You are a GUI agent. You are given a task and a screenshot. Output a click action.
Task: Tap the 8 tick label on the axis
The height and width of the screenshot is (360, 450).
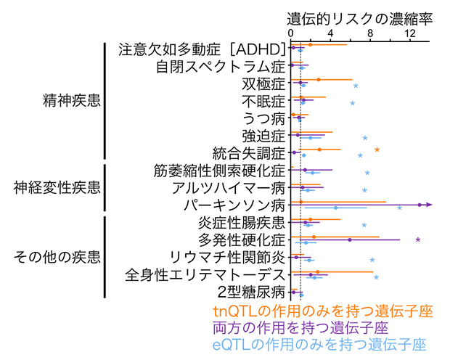pos(370,33)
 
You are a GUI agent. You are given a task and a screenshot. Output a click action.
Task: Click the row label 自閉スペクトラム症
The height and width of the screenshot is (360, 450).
pos(221,67)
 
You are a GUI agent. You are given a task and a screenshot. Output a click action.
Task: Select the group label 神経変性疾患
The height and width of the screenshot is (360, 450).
pos(57,188)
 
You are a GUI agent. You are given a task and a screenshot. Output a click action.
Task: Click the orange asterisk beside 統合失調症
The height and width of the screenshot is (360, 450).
pos(377,151)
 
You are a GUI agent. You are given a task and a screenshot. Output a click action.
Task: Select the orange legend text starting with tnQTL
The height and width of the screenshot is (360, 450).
pos(319,311)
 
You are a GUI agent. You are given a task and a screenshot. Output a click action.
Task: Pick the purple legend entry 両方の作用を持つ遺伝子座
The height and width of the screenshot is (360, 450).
pos(319,327)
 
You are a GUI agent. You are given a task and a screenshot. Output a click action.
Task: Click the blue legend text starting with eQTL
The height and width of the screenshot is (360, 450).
pos(319,344)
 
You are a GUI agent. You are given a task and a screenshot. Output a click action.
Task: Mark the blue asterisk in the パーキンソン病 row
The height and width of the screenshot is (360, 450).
pos(399,210)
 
